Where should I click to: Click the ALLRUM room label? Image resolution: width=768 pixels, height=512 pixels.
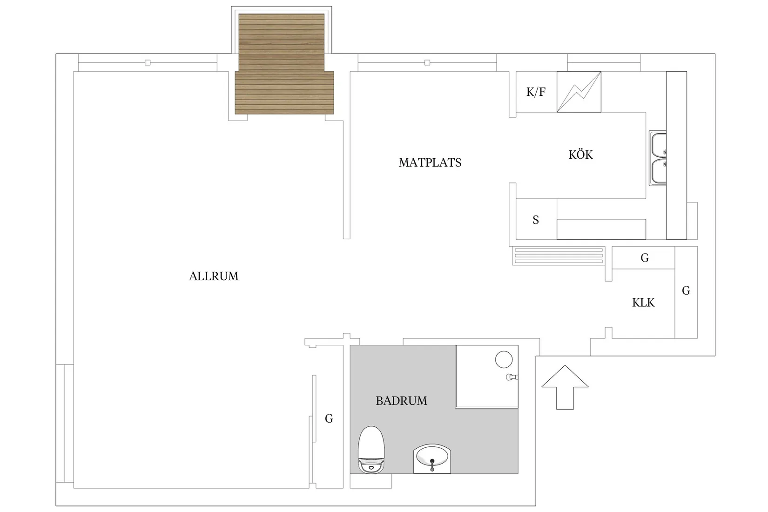coord(214,276)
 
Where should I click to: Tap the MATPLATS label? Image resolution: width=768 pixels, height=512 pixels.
coord(430,162)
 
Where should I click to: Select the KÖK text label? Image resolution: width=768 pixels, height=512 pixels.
coord(580,155)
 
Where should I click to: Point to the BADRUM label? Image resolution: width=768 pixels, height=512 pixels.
coord(401,401)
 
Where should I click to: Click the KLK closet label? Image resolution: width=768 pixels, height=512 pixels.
coord(643,303)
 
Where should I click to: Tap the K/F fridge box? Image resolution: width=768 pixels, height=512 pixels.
coord(536,92)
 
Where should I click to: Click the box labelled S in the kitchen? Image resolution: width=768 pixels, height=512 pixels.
coord(536,219)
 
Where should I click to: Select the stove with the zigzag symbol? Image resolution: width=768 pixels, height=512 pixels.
coord(579,92)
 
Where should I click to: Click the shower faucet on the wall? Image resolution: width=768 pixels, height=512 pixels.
coord(512,377)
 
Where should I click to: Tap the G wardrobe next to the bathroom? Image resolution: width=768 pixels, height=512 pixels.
coord(329,418)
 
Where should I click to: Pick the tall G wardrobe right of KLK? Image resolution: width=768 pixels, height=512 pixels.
coord(686,291)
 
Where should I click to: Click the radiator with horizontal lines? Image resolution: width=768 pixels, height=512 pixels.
coord(558,256)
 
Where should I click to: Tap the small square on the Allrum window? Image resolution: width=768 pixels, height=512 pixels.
coord(148,62)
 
